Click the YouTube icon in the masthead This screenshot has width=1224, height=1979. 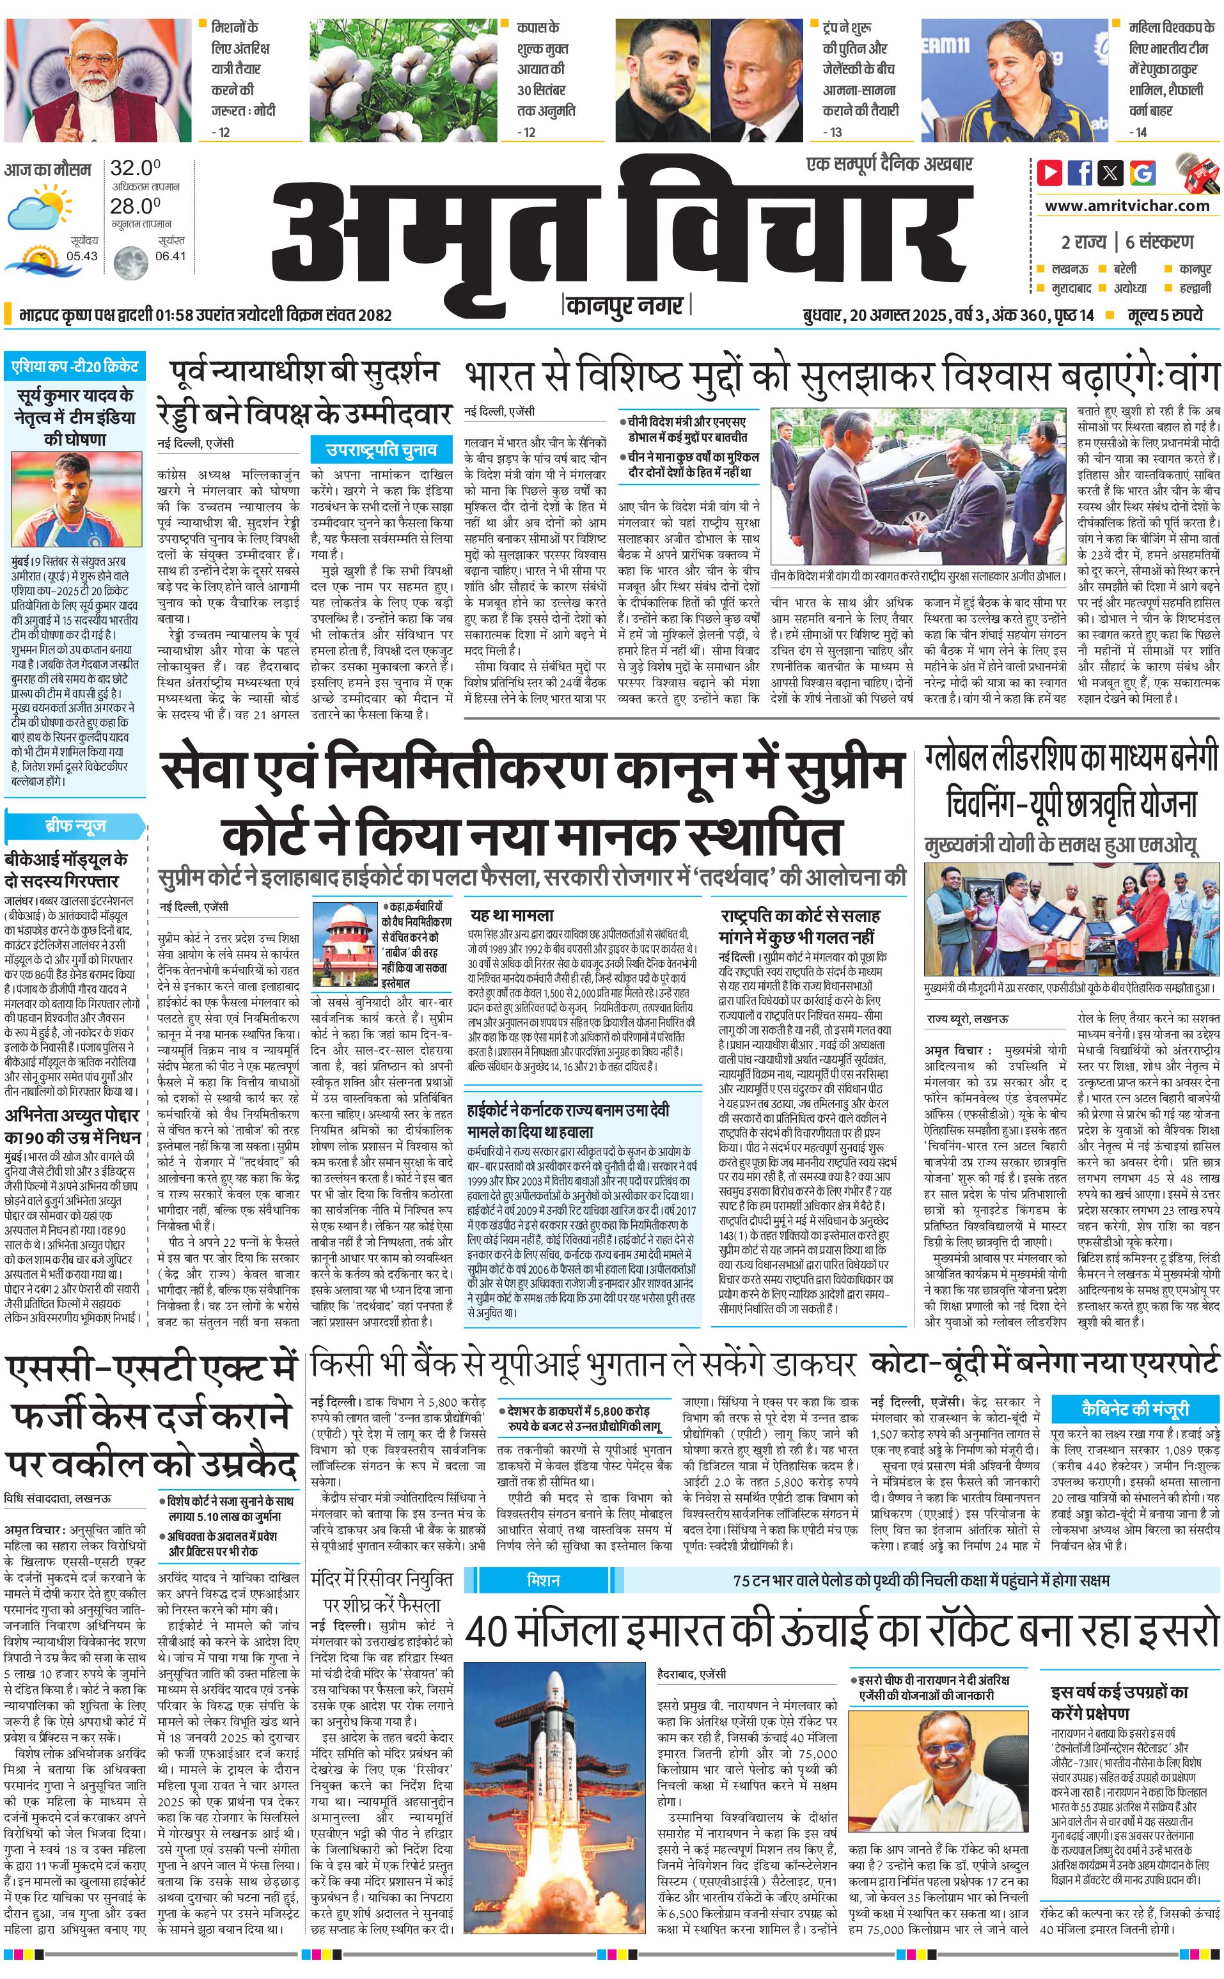coord(1050,171)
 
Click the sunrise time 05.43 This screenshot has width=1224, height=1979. coord(82,256)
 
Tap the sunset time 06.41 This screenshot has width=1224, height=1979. coord(171,256)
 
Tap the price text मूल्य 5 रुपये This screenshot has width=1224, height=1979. coord(1166,315)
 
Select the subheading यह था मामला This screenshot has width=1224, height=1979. coord(512,916)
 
